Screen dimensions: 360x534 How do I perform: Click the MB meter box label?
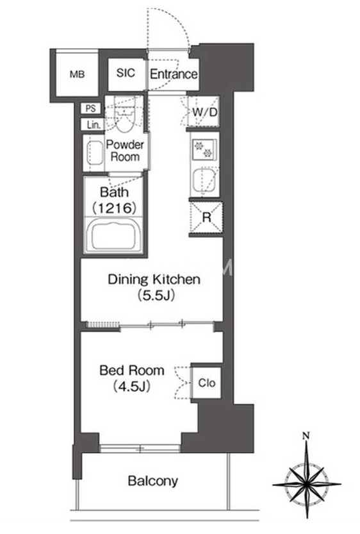78,74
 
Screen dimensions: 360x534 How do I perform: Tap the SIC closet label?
126,72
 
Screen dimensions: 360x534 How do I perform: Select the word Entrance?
174,74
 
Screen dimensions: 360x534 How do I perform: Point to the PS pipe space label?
90,108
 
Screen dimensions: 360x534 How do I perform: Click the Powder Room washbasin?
94,153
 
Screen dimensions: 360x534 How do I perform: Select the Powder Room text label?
125,151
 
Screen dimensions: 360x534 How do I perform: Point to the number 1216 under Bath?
115,208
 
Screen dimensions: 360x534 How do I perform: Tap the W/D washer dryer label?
205,112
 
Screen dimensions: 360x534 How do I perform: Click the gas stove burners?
204,149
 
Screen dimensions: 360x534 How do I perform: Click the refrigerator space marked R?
206,217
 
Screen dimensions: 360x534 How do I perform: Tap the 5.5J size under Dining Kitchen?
156,295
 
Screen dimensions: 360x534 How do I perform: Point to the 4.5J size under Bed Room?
132,386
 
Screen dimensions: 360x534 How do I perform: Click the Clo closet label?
206,383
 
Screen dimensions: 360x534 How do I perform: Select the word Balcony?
153,481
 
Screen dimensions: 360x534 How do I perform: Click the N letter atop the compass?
306,435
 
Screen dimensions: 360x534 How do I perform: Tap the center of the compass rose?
307,483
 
